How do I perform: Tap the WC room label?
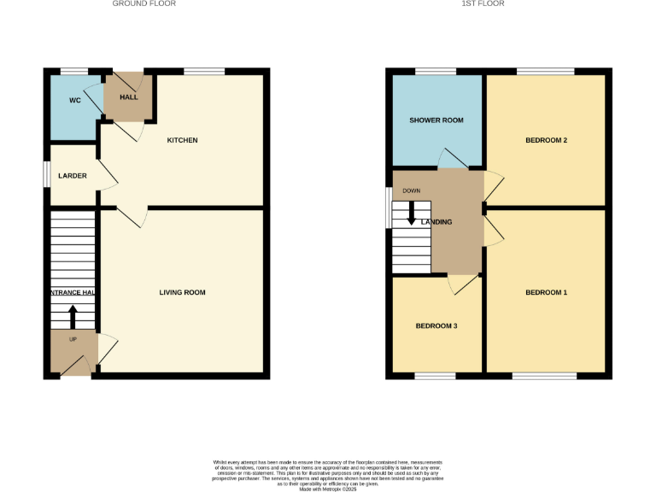74,101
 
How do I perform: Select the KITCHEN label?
182,140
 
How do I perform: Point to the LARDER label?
73,176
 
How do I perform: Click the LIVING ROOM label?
182,292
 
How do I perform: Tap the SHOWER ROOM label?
436,120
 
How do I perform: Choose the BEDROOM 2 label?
546,140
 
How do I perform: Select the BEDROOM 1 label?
546,292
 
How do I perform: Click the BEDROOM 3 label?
436,325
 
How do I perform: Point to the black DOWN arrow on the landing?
412,213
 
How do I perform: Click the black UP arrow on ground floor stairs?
72,317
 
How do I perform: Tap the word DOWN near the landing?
412,191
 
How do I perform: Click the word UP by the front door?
72,339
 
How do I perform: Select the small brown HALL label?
128,97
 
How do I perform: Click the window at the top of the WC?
74,71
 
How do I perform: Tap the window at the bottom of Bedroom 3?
436,376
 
